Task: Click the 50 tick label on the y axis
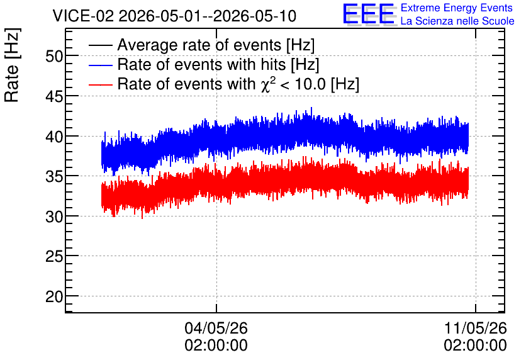[54, 57]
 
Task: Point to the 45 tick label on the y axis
[54, 97]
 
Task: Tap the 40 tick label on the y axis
[54, 137]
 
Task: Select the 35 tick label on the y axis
[54, 176]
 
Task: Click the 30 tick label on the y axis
[54, 217]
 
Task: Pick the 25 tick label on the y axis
[54, 257]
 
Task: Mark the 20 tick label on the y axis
[54, 296]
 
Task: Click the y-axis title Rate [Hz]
[12, 65]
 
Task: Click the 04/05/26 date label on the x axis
[216, 328]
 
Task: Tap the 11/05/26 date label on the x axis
[475, 328]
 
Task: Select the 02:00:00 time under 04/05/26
[216, 346]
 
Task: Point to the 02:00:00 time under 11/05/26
[475, 346]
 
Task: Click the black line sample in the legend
[100, 45]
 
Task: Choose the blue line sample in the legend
[100, 65]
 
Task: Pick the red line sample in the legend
[100, 84]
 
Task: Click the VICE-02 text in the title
[84, 16]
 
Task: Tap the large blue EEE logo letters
[369, 14]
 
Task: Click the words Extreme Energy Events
[457, 8]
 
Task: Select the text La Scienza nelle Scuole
[457, 21]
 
